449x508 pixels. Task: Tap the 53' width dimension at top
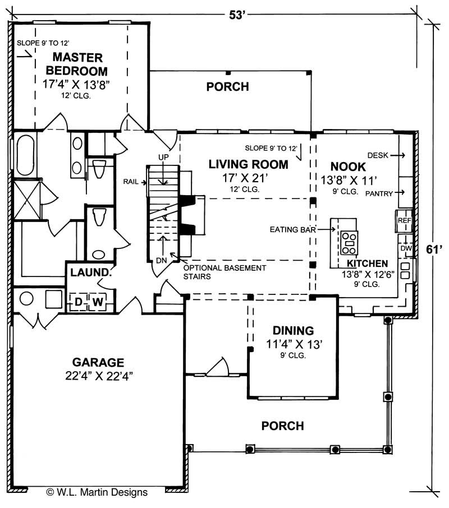click(238, 15)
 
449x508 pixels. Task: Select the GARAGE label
click(98, 362)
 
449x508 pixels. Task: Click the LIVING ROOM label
click(248, 164)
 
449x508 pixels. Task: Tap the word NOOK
click(348, 167)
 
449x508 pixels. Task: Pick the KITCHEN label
click(367, 264)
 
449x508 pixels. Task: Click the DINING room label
click(293, 330)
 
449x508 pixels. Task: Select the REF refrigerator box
click(405, 220)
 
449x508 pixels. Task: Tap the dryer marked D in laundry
click(79, 303)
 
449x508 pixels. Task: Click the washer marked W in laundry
click(98, 303)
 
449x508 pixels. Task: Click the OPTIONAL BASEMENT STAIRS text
click(224, 272)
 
